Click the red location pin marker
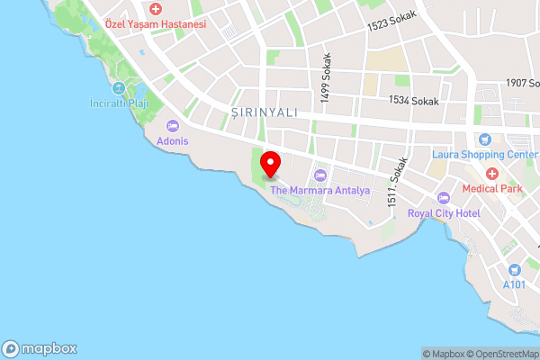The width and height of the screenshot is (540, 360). click(x=270, y=164)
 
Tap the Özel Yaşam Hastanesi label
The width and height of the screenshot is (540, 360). click(x=156, y=24)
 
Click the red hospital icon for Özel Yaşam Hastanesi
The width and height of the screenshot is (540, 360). click(x=156, y=9)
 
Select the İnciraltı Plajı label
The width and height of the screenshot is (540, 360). click(x=120, y=102)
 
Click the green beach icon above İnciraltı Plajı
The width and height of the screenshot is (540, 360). click(x=119, y=87)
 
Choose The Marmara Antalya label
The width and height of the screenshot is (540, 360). click(x=320, y=191)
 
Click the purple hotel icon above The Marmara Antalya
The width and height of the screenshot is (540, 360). click(x=320, y=175)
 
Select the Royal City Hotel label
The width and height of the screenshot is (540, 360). click(x=444, y=213)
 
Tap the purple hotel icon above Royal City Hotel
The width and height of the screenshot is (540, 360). click(x=442, y=198)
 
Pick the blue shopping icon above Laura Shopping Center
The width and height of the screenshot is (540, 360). click(x=484, y=139)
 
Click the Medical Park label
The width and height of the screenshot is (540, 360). click(x=491, y=189)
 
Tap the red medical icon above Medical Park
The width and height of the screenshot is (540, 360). click(x=491, y=174)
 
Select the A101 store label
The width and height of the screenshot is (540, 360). click(x=514, y=285)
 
